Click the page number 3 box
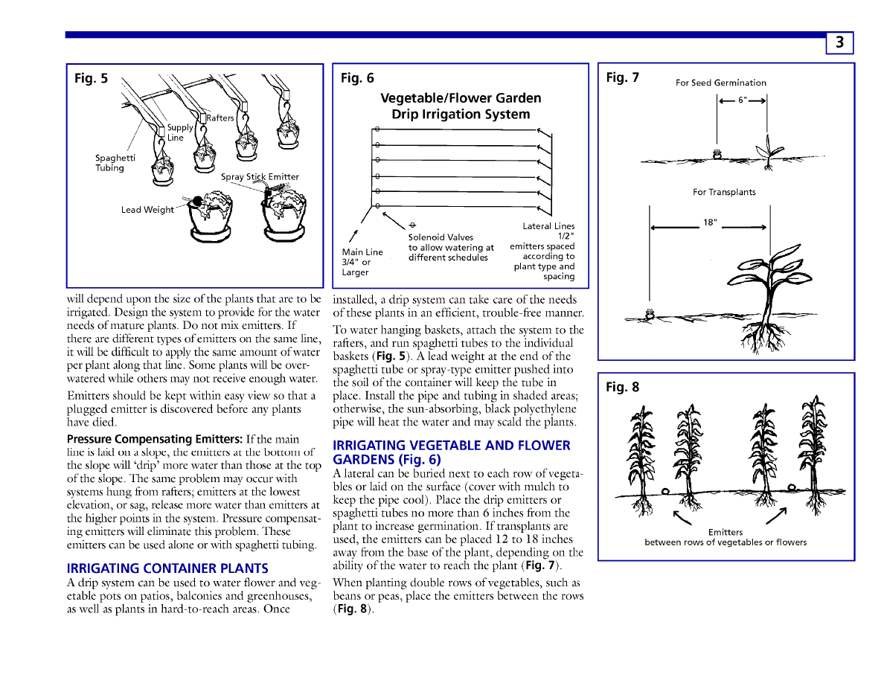(x=839, y=43)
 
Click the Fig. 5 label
(x=91, y=78)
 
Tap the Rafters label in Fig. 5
(x=220, y=118)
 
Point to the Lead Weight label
(x=147, y=210)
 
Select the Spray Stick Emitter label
(x=260, y=177)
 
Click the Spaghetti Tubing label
(x=115, y=163)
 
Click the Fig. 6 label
(x=357, y=78)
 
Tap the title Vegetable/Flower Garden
(x=461, y=98)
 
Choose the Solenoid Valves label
(x=441, y=237)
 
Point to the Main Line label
(x=362, y=252)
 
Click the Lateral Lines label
(x=548, y=226)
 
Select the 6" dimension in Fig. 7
(x=742, y=100)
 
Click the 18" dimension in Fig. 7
(x=710, y=222)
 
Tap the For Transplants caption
(x=724, y=192)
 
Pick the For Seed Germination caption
(x=720, y=83)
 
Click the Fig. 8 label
(x=622, y=387)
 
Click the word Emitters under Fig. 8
(x=725, y=532)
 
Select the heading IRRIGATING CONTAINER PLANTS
(x=167, y=568)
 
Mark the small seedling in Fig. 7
(x=769, y=151)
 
